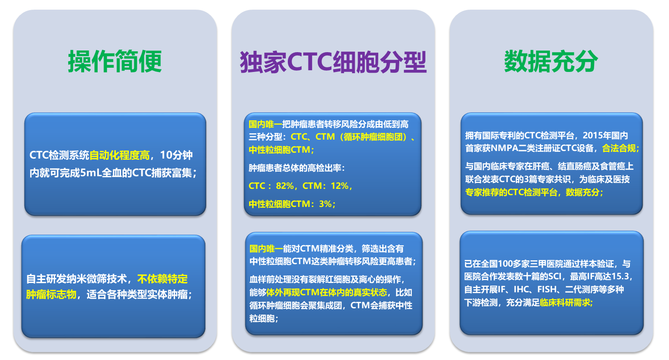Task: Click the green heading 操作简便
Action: coord(115,61)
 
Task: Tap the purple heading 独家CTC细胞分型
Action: coord(333,62)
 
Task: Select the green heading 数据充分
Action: coord(551,61)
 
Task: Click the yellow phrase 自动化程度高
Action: coord(119,155)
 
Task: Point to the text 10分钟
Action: coord(176,155)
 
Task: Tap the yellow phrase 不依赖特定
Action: coord(162,279)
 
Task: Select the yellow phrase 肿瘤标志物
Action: coord(51,295)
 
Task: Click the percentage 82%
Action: coord(285,186)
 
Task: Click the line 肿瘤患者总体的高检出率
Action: coord(295,168)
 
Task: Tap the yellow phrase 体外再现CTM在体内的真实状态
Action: coord(327,292)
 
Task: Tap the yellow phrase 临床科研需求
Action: coord(565,303)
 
